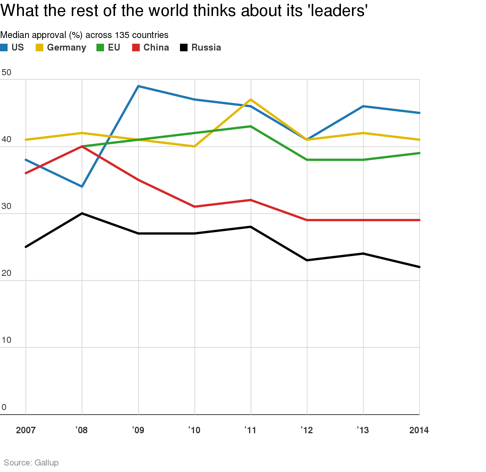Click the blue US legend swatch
[4, 48]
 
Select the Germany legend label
[66, 48]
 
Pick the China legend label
[156, 48]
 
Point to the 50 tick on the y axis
[6, 73]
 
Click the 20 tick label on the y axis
[6, 273]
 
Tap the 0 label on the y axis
[4, 407]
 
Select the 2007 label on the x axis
[26, 430]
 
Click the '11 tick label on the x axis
[250, 430]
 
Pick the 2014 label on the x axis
[419, 430]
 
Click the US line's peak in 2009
[138, 86]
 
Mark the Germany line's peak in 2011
[251, 100]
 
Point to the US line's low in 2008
[82, 186]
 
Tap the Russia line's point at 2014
[419, 267]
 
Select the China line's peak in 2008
[82, 146]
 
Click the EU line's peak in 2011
[251, 126]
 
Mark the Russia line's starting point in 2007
[26, 247]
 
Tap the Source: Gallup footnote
[31, 462]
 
